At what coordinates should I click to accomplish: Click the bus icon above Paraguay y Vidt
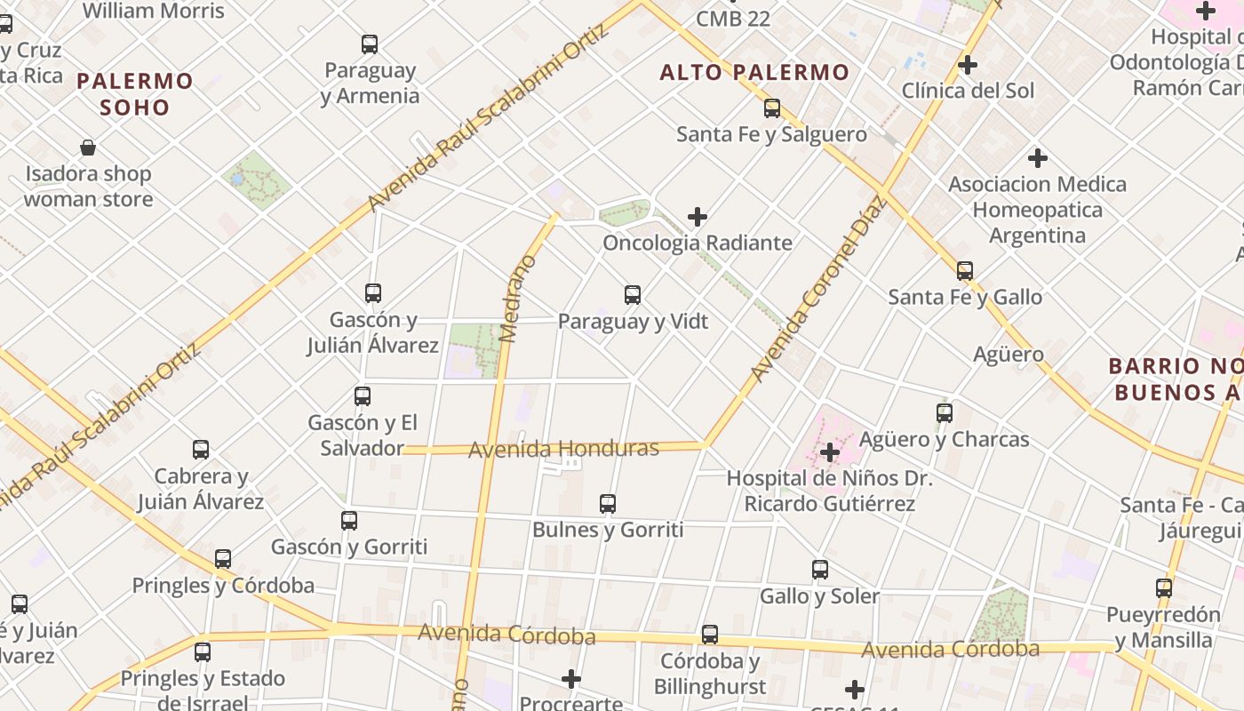[x=633, y=294]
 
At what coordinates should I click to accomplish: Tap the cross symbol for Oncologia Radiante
[x=698, y=216]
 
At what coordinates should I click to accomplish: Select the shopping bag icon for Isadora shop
[x=88, y=148]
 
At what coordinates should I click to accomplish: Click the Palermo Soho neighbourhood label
[x=134, y=94]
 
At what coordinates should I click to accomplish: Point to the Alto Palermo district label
[x=754, y=73]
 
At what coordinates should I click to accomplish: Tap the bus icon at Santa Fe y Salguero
[x=772, y=108]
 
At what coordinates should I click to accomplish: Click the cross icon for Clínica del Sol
[x=968, y=65]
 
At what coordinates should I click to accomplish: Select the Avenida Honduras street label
[x=563, y=449]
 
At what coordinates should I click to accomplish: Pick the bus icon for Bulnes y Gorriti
[x=608, y=504]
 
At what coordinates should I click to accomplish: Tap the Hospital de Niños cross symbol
[x=829, y=452]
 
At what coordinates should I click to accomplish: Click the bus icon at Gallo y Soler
[x=820, y=570]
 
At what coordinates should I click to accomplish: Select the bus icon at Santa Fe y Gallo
[x=965, y=270]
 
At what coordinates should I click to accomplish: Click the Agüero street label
[x=1009, y=355]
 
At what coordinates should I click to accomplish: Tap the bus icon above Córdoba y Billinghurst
[x=709, y=635]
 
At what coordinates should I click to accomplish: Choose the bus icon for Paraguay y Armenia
[x=370, y=44]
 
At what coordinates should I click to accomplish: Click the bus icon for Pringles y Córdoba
[x=223, y=559]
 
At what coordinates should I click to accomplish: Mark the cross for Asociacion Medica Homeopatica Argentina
[x=1037, y=159]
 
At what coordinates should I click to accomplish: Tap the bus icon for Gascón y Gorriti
[x=349, y=521]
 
